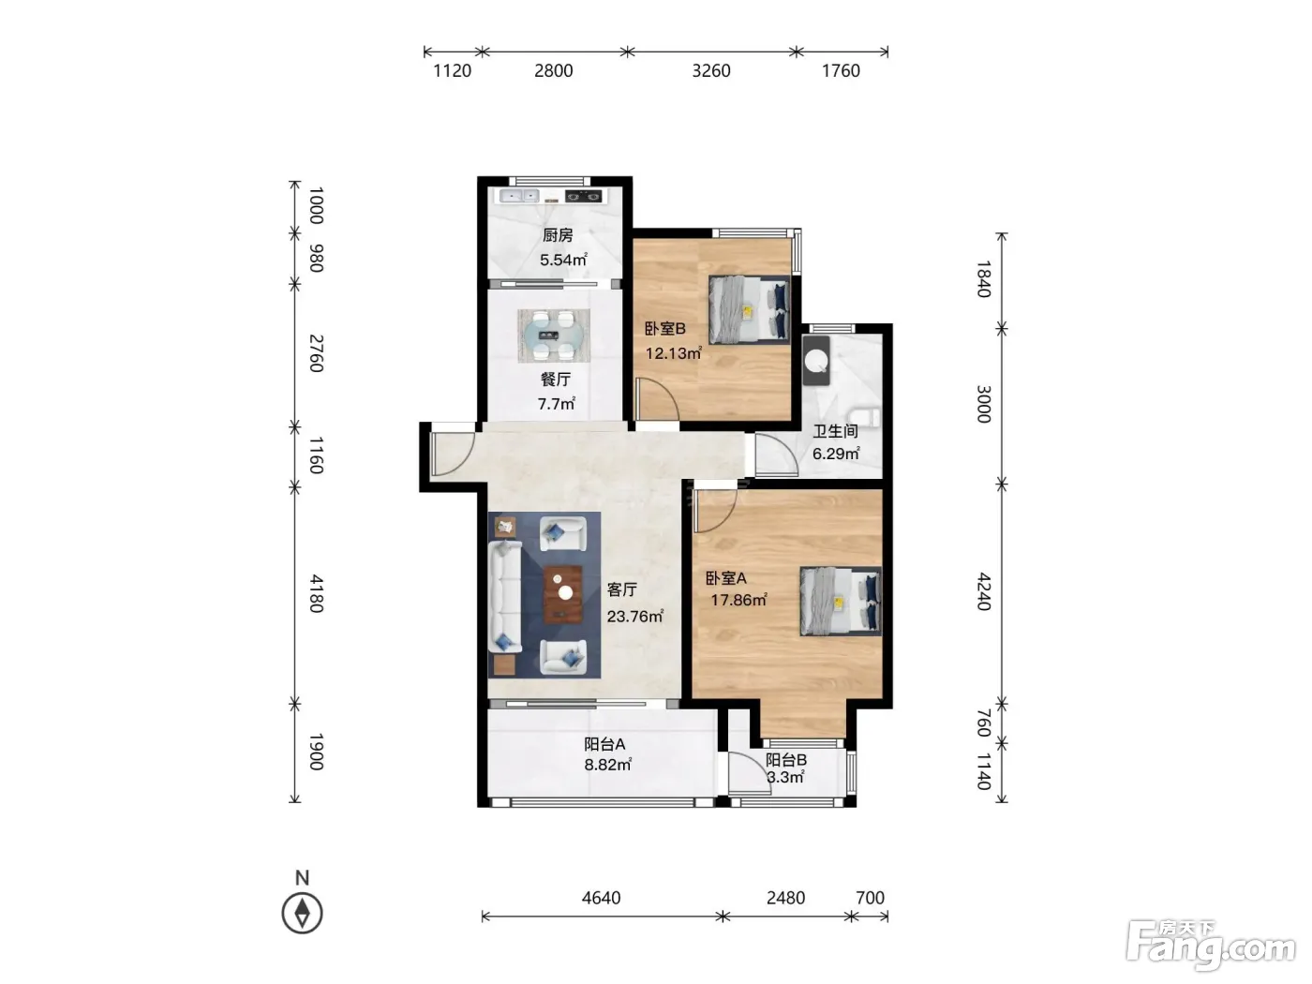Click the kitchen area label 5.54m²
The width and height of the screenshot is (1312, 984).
pyautogui.click(x=563, y=260)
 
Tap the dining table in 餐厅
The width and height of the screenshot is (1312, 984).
pyautogui.click(x=554, y=335)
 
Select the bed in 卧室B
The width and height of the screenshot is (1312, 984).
pyautogui.click(x=749, y=309)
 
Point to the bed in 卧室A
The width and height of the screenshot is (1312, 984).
pyautogui.click(x=841, y=601)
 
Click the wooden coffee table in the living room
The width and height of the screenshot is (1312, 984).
pyautogui.click(x=562, y=594)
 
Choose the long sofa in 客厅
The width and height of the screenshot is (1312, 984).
pyautogui.click(x=505, y=596)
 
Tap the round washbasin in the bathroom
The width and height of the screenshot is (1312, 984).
pyautogui.click(x=816, y=360)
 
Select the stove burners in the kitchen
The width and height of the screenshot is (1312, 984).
pyautogui.click(x=584, y=195)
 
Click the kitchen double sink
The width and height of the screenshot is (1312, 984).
pyautogui.click(x=519, y=195)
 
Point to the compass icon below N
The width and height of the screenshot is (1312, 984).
pyautogui.click(x=302, y=913)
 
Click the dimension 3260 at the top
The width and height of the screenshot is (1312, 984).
pyautogui.click(x=711, y=71)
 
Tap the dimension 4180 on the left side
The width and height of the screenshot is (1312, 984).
pyautogui.click(x=316, y=594)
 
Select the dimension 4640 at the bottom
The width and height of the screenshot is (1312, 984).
pyautogui.click(x=602, y=898)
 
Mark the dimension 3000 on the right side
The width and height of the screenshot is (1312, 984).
pyautogui.click(x=983, y=405)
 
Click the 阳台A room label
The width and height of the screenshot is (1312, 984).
pyautogui.click(x=604, y=744)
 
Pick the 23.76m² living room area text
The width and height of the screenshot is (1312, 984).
pyautogui.click(x=634, y=616)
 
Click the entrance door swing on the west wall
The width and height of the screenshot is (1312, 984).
pyautogui.click(x=453, y=454)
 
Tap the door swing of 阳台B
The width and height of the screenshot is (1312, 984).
pyautogui.click(x=750, y=773)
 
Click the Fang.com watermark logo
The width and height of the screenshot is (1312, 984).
pyautogui.click(x=1211, y=946)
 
